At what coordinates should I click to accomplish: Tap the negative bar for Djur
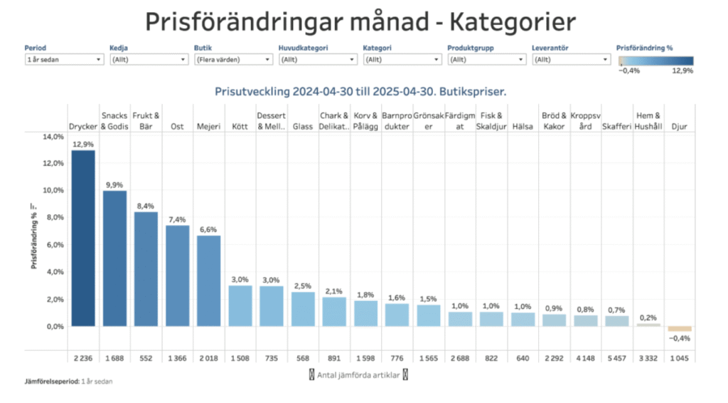(x=680, y=329)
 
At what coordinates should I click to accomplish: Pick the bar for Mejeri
(x=208, y=281)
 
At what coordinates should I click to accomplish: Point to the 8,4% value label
(x=146, y=206)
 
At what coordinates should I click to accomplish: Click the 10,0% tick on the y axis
(x=53, y=191)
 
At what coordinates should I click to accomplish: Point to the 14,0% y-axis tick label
(x=53, y=137)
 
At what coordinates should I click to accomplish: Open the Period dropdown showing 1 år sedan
(x=63, y=60)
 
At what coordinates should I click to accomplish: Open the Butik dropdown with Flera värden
(x=232, y=60)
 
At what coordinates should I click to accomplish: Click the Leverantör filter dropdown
(x=570, y=60)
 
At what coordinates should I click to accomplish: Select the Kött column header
(x=240, y=127)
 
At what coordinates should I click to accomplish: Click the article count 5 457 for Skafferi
(x=616, y=357)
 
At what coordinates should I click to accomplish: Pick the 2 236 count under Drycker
(x=82, y=357)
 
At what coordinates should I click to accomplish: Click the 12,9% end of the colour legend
(x=682, y=70)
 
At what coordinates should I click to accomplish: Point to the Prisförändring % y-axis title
(x=33, y=236)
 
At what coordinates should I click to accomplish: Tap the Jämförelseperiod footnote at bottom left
(x=68, y=382)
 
